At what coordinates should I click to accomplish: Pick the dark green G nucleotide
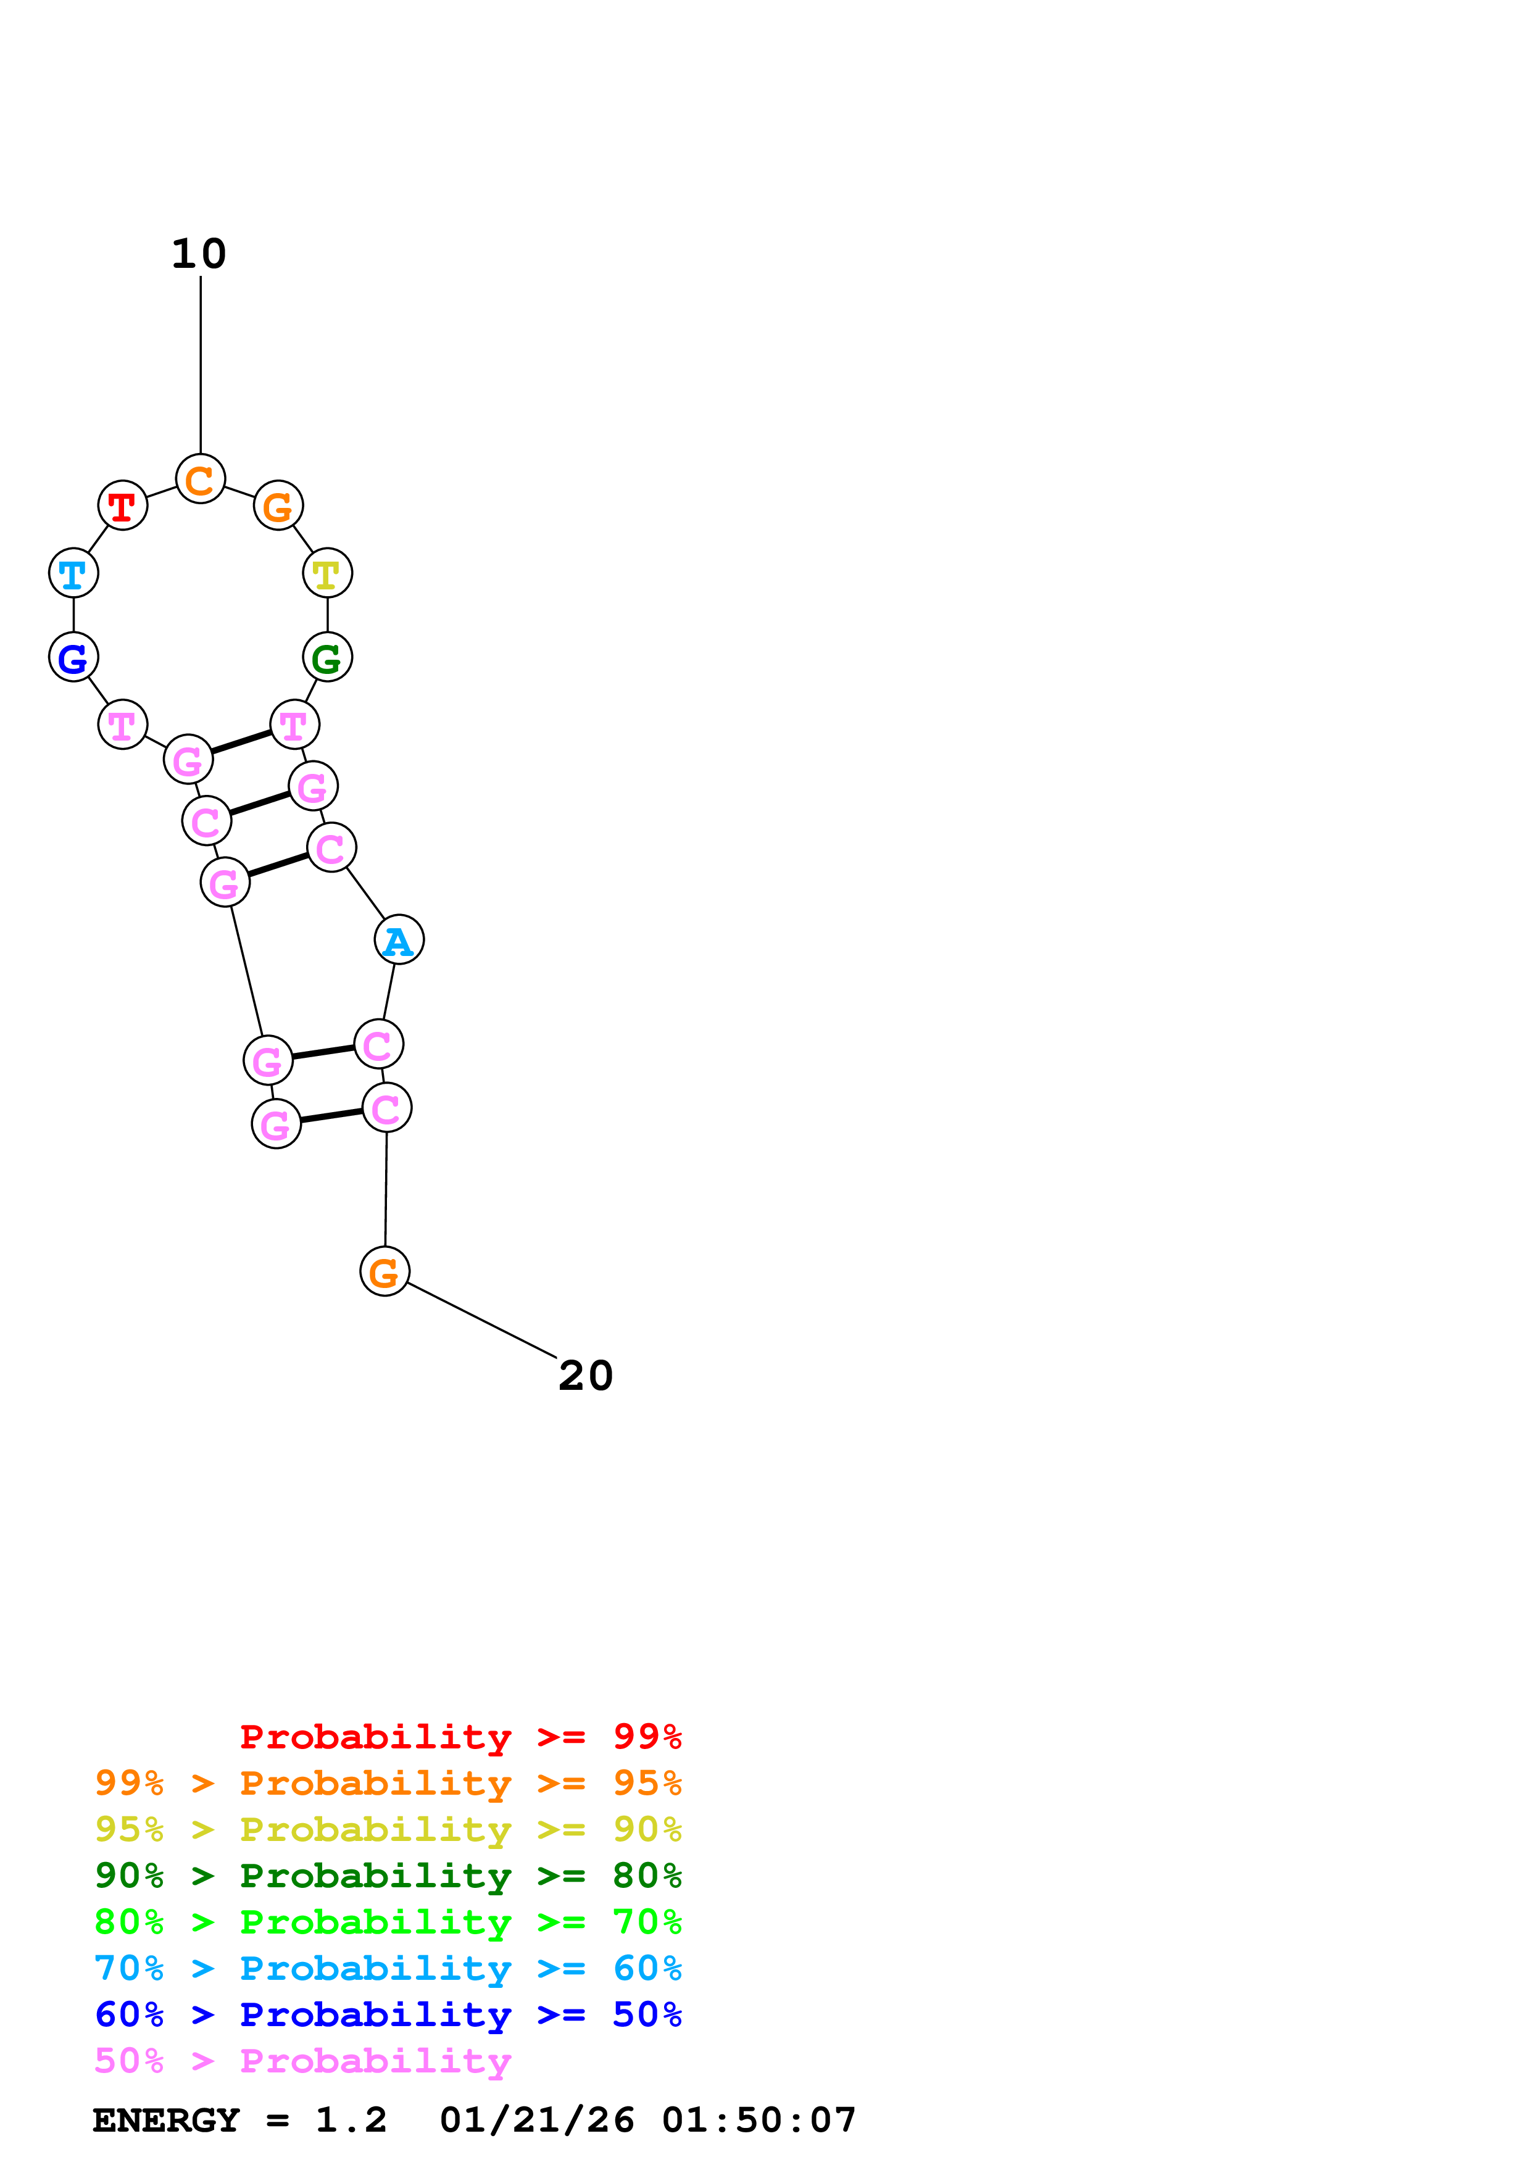click(327, 657)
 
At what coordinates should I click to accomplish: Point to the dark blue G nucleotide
click(73, 657)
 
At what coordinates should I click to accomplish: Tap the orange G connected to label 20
click(385, 1271)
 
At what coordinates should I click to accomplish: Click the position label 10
click(199, 254)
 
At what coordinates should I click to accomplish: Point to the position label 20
click(586, 1376)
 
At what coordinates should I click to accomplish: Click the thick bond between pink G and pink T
click(241, 742)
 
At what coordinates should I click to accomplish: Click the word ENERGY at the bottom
click(166, 2120)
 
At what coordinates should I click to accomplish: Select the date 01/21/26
click(536, 2120)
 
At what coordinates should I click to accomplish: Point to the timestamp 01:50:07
click(759, 2120)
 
